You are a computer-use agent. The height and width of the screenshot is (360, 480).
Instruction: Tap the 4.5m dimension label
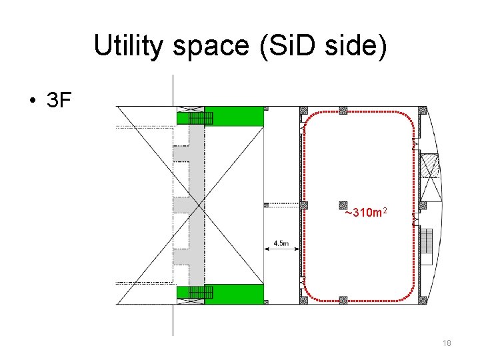point(281,244)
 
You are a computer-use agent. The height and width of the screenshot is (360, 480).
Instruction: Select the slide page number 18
point(447,343)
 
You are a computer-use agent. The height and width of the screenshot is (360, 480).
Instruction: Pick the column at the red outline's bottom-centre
point(343,300)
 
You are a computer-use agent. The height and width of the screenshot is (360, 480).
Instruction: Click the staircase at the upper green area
point(201,118)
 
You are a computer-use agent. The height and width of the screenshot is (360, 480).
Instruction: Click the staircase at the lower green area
point(201,292)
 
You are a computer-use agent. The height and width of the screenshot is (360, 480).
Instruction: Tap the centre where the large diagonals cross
point(189,204)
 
